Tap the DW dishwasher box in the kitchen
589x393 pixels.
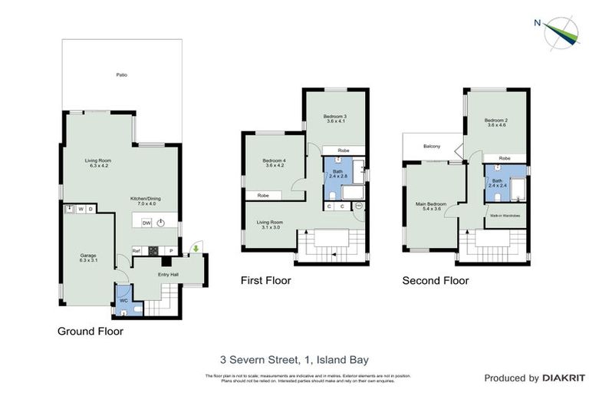pyautogui.click(x=145, y=223)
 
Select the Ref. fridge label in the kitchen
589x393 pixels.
pyautogui.click(x=137, y=250)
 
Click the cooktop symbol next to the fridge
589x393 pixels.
pyautogui.click(x=153, y=250)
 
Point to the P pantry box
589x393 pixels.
pyautogui.click(x=171, y=250)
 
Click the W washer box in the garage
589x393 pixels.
pyautogui.click(x=81, y=208)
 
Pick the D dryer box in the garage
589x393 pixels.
pyautogui.click(x=90, y=208)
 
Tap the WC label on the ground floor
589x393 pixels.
pyautogui.click(x=123, y=300)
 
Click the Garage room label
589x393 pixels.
pyautogui.click(x=87, y=257)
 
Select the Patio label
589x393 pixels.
pyautogui.click(x=121, y=75)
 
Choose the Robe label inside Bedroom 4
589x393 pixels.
pyautogui.click(x=263, y=196)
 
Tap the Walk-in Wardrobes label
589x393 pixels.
pyautogui.click(x=505, y=216)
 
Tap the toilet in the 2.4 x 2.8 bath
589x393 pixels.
pyautogui.click(x=331, y=195)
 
